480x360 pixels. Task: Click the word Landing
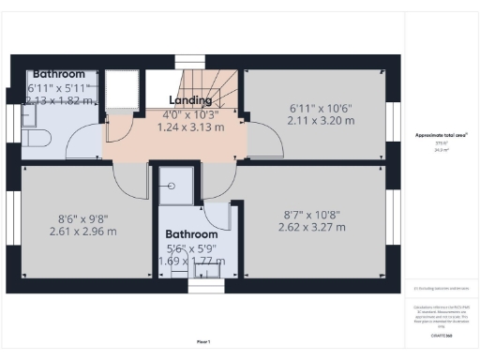pos(189,99)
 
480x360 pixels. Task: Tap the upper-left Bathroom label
pos(59,74)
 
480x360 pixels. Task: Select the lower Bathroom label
pos(191,234)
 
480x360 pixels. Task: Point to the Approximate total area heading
pos(442,135)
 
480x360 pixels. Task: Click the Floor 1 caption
pos(202,341)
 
